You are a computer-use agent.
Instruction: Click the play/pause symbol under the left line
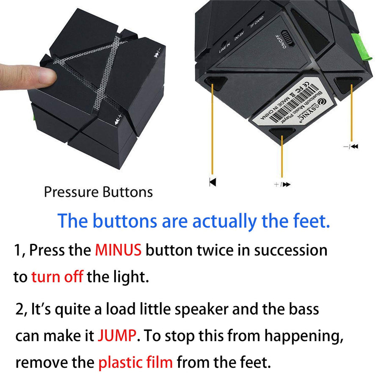tap(212, 182)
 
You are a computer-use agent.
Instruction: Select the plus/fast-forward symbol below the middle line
tap(282, 184)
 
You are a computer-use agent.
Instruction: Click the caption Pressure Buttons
tap(98, 192)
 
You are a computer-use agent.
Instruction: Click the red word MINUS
tap(118, 250)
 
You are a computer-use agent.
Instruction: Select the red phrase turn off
tap(57, 277)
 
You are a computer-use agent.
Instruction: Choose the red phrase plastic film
tap(135, 363)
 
